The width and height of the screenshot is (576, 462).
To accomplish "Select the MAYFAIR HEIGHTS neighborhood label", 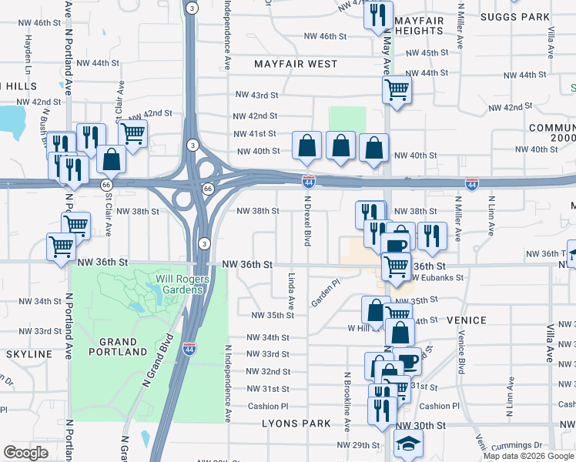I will (x=420, y=28).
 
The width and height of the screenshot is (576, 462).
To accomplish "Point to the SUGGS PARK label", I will (x=514, y=16).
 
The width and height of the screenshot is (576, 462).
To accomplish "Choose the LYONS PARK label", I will (x=296, y=423).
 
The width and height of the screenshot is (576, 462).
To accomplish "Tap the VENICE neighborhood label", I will (x=465, y=320).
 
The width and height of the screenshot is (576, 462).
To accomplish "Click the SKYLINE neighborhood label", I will (x=28, y=354).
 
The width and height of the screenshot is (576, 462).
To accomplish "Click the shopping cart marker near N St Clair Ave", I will (x=133, y=134).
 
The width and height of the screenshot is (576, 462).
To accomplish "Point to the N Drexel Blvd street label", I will (x=306, y=223).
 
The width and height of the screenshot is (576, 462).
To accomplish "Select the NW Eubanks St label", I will (x=439, y=277).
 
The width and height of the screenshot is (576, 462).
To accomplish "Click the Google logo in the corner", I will (x=25, y=453).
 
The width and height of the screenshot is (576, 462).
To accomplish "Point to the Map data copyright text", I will (x=528, y=456).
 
